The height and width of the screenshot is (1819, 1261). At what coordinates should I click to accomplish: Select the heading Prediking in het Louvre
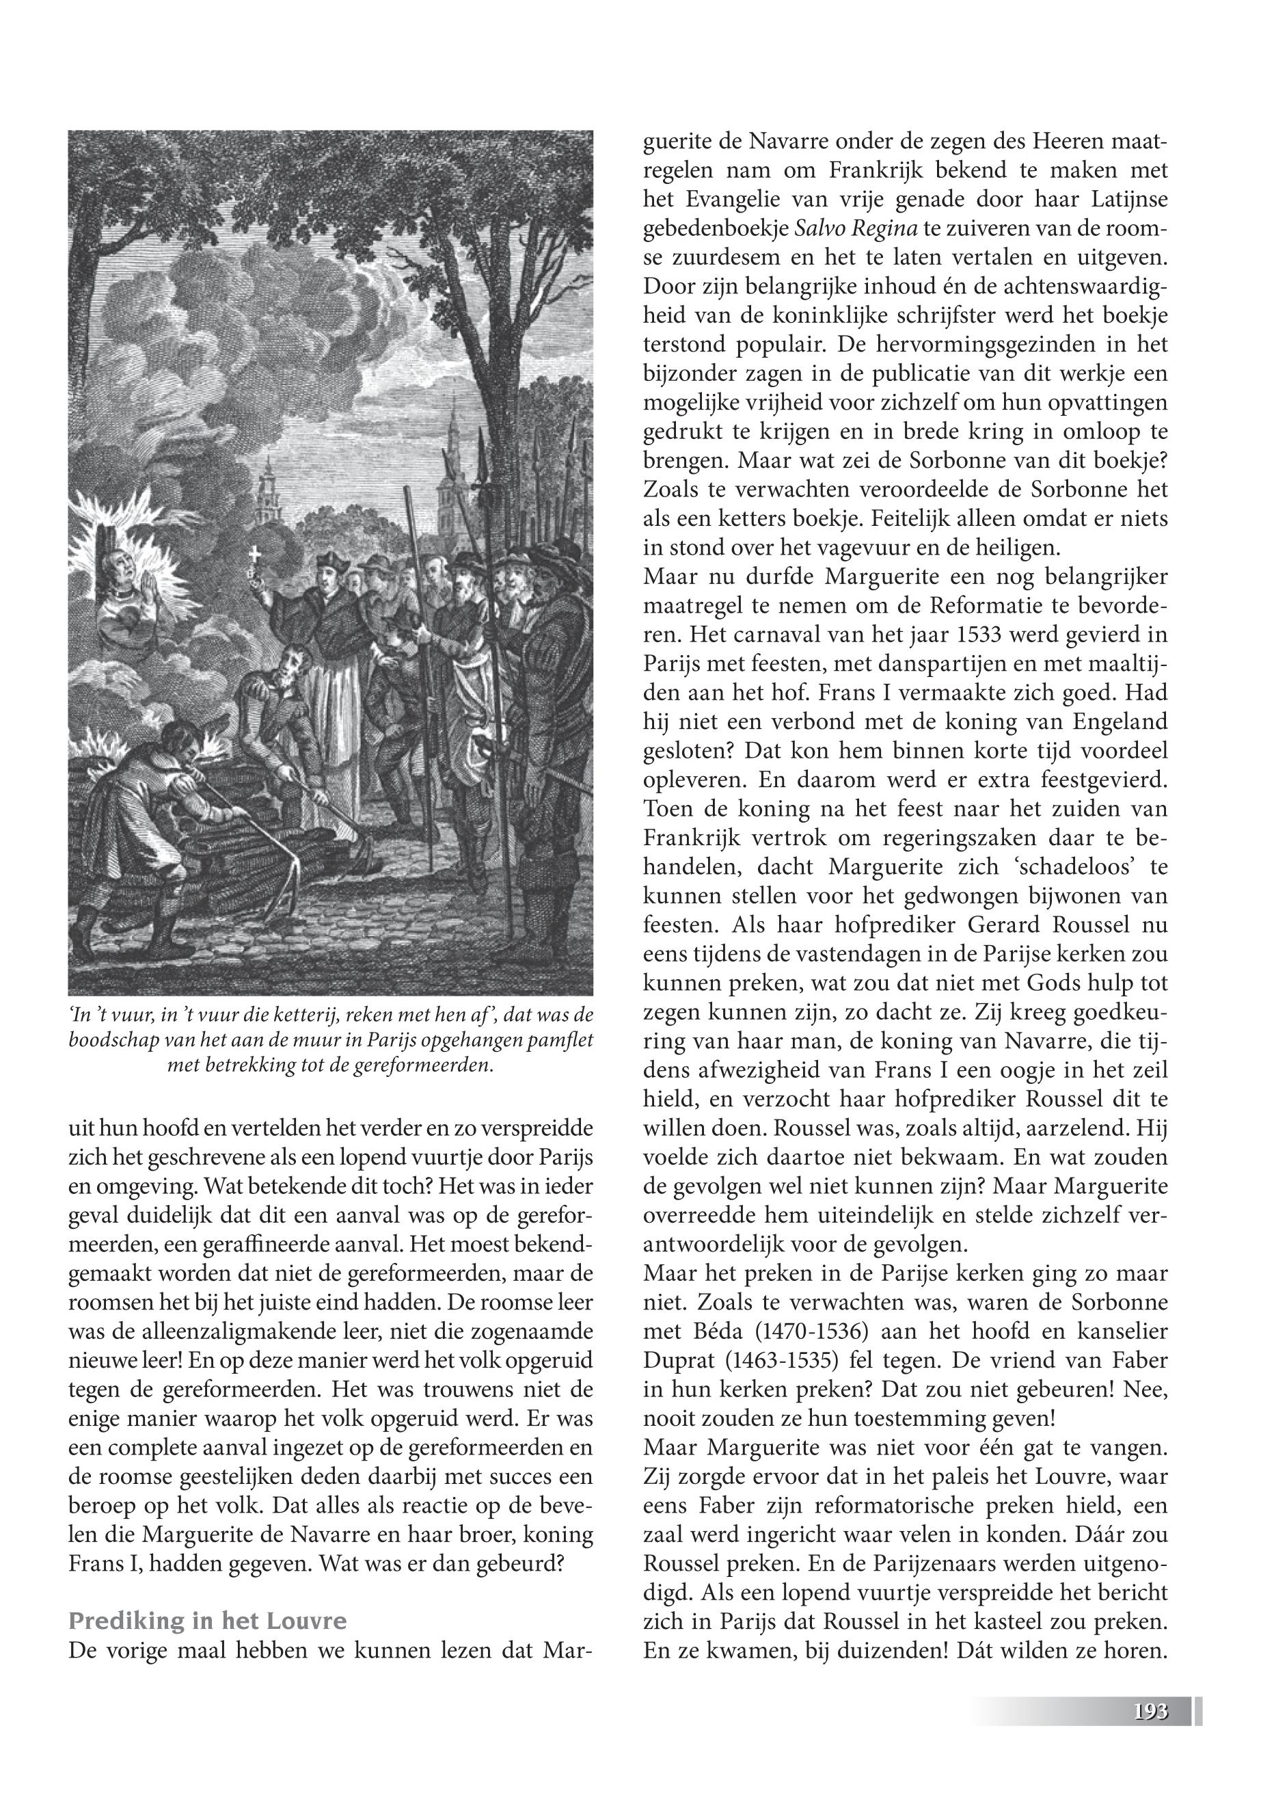coord(208,1621)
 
